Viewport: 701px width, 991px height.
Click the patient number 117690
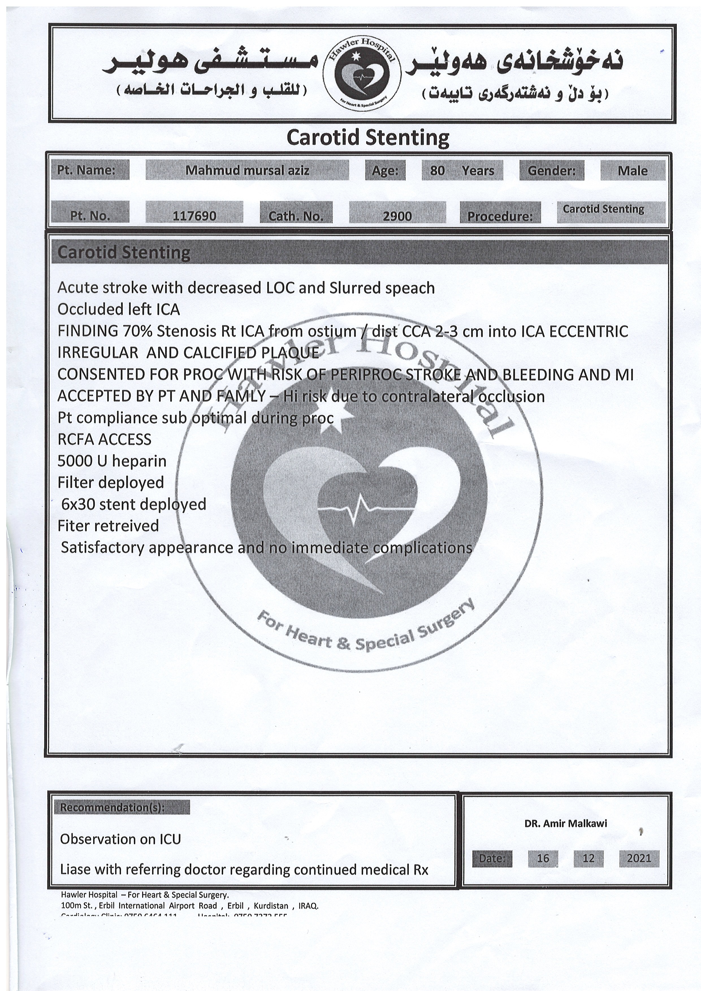[194, 215]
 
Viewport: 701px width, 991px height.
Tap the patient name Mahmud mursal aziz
[247, 170]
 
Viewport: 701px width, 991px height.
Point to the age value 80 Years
[462, 171]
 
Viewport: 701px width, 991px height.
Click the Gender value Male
[632, 171]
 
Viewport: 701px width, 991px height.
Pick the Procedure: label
[500, 216]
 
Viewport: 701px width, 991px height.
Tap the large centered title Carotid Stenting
[367, 138]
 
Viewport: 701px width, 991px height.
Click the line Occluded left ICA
[119, 309]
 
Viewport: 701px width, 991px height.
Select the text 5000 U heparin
[112, 461]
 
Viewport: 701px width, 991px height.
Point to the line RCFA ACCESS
[105, 439]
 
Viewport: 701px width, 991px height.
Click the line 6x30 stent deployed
[133, 504]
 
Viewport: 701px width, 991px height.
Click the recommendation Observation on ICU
[120, 839]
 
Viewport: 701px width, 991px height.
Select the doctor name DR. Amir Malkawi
[565, 823]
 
